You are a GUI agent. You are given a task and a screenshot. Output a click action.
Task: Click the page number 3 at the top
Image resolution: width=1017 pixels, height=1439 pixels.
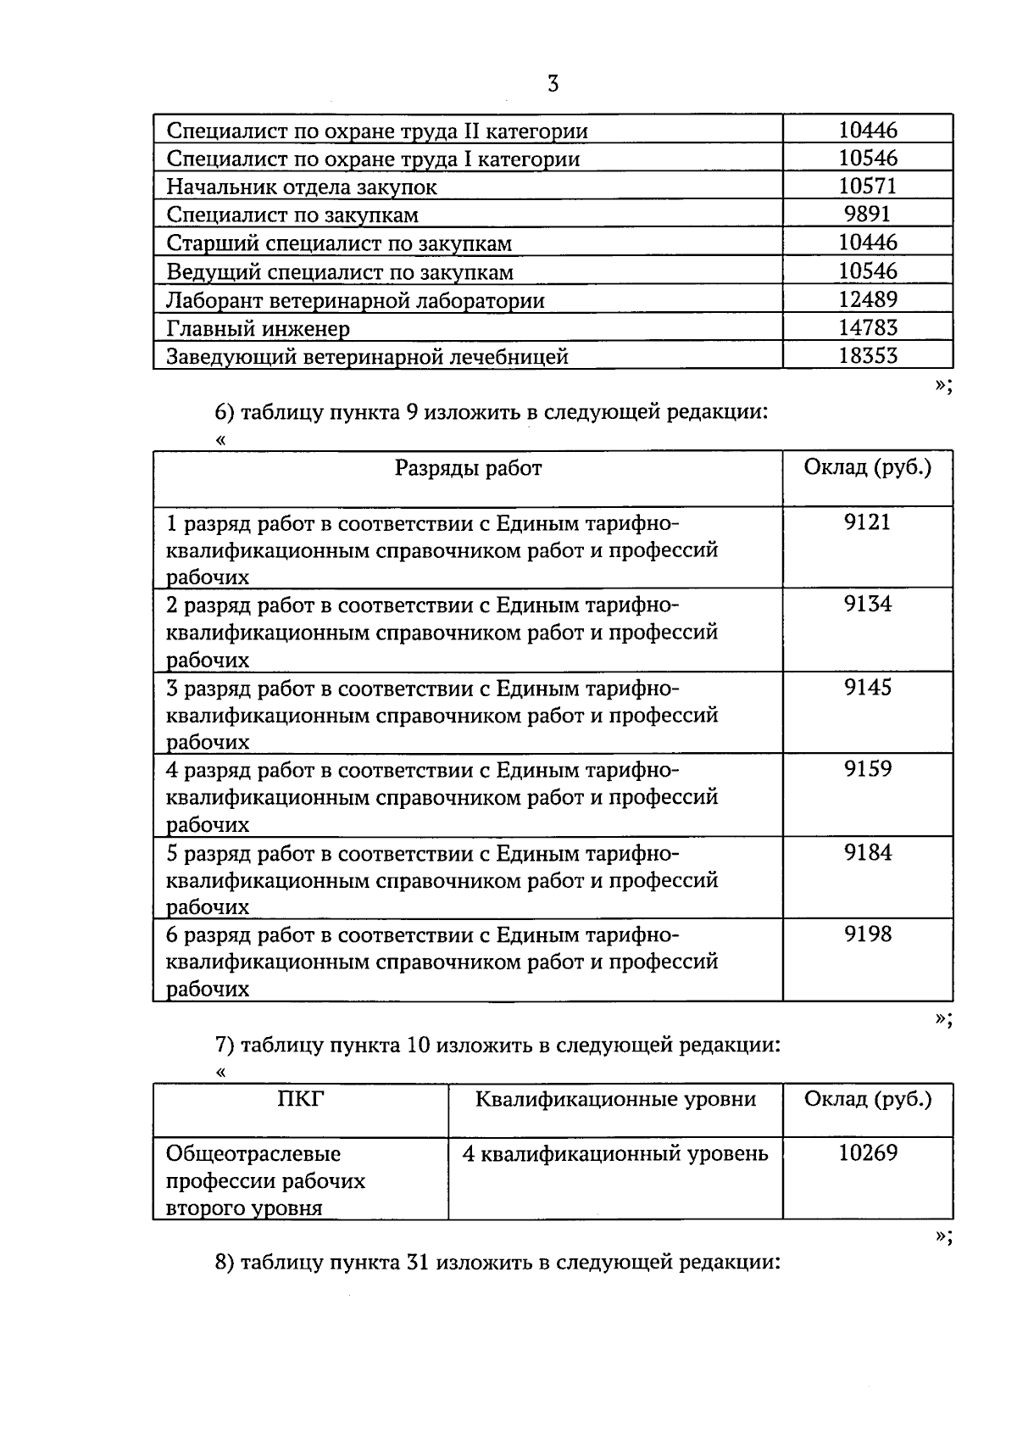click(x=553, y=84)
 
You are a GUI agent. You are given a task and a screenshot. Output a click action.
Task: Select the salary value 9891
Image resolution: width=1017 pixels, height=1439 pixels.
click(x=867, y=215)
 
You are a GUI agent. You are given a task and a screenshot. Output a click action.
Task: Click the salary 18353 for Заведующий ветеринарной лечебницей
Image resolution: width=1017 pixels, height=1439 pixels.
click(x=867, y=356)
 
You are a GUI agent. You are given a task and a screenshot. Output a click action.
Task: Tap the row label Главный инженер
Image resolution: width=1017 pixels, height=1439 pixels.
click(x=258, y=328)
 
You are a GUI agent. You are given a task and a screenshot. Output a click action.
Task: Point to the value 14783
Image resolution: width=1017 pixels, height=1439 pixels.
click(x=867, y=327)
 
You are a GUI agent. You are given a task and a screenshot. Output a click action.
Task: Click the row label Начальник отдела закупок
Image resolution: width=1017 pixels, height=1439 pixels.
click(x=302, y=187)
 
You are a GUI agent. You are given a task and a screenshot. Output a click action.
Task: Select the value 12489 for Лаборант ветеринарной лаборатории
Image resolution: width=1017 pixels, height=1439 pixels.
click(x=867, y=299)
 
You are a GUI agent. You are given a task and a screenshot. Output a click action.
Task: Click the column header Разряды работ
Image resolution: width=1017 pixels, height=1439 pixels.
click(x=468, y=468)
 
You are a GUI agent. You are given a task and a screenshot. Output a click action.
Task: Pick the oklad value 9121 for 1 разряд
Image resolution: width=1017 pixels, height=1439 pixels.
click(x=867, y=522)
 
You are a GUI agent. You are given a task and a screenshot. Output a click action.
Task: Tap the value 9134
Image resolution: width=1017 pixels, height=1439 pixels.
click(x=867, y=605)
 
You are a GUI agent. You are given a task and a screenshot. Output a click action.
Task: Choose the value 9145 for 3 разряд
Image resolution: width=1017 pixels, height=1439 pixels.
click(x=867, y=688)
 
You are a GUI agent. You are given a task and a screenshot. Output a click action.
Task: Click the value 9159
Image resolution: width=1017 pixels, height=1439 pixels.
click(x=867, y=770)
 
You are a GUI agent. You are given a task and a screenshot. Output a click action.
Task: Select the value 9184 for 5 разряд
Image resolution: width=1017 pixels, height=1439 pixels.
click(x=867, y=853)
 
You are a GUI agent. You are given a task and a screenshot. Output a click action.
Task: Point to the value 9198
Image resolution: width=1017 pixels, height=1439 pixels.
click(x=867, y=934)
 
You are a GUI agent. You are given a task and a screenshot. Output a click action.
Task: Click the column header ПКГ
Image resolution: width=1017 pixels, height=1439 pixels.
click(x=301, y=1100)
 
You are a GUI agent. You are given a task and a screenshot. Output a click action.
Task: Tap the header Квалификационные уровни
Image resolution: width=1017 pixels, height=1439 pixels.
click(x=615, y=1100)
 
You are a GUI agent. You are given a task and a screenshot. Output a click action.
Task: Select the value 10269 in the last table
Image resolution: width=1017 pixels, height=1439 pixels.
click(x=867, y=1153)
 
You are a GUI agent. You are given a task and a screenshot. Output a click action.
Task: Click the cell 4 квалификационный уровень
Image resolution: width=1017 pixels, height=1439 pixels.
click(x=615, y=1154)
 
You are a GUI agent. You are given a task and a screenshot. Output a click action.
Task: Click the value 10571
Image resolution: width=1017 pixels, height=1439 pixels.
click(x=867, y=187)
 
